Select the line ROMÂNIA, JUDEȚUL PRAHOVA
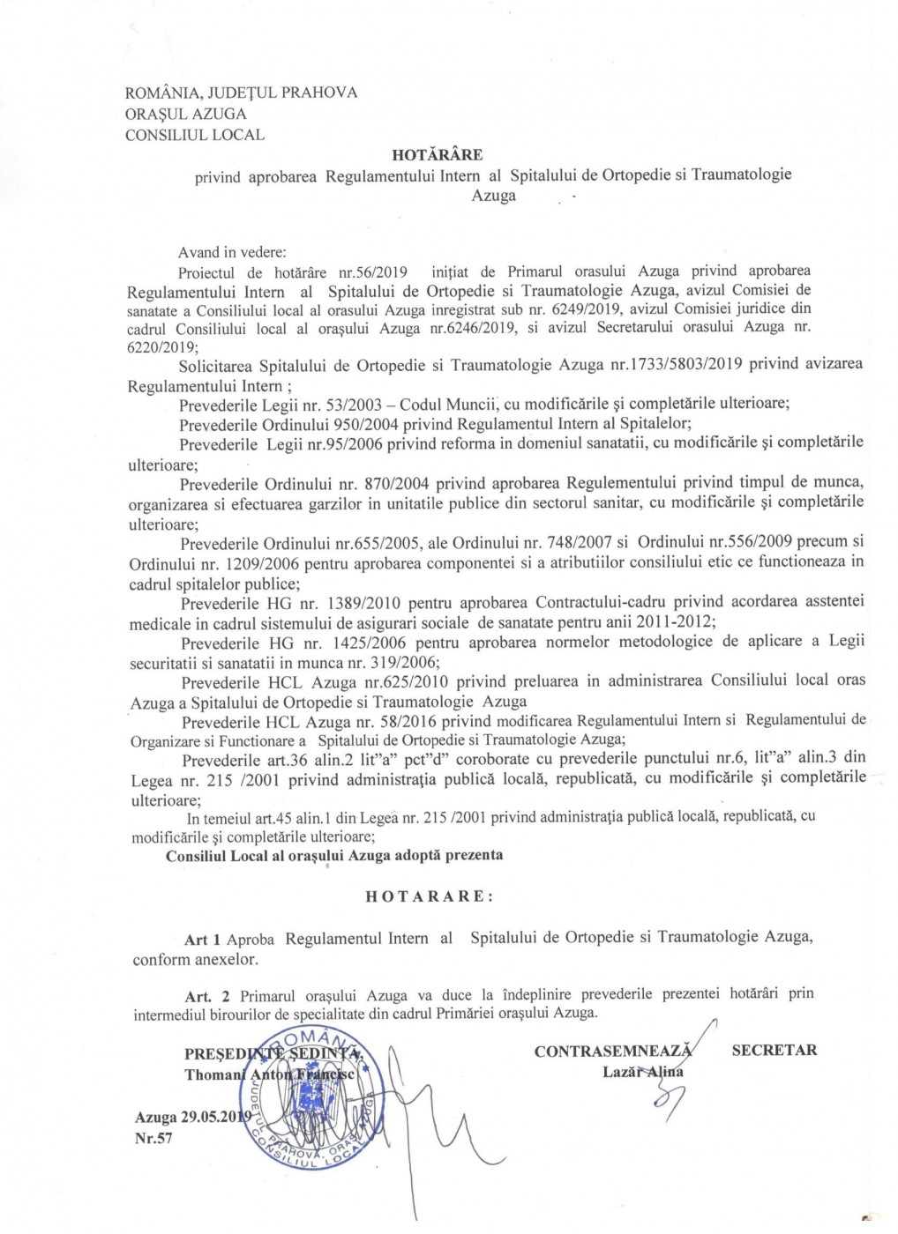tap(242, 93)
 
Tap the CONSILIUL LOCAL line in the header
tap(195, 135)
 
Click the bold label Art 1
tap(202, 940)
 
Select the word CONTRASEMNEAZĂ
tap(613, 1051)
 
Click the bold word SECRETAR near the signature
tap(774, 1050)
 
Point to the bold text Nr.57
tap(153, 1138)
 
